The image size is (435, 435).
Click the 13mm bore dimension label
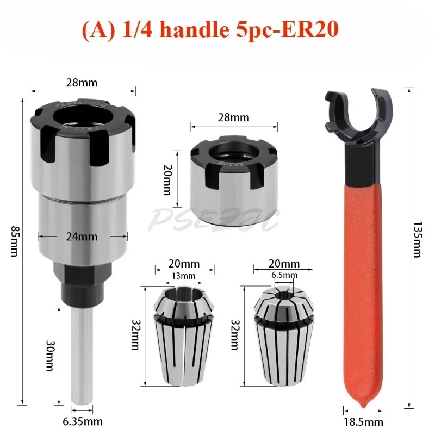(183, 276)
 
